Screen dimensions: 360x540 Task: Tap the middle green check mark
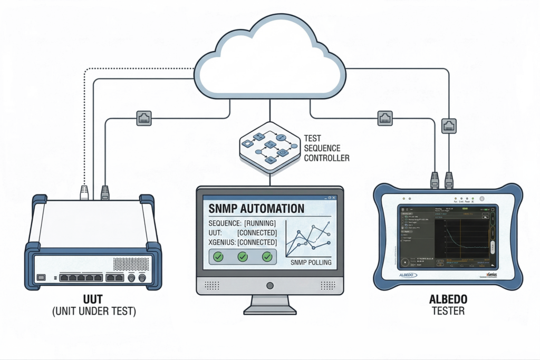click(243, 257)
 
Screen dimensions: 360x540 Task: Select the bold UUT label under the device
click(94, 299)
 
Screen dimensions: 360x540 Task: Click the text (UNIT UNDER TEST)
click(94, 312)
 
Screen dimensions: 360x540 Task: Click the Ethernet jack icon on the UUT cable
click(144, 119)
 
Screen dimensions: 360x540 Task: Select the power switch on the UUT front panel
click(41, 277)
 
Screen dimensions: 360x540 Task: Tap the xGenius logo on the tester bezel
click(493, 275)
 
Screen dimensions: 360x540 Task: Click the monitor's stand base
click(270, 308)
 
